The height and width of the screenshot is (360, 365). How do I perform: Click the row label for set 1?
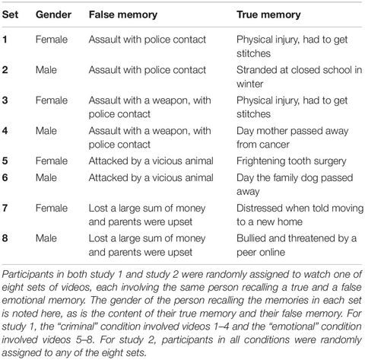coord(7,38)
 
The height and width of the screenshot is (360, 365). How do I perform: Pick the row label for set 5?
coord(7,161)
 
